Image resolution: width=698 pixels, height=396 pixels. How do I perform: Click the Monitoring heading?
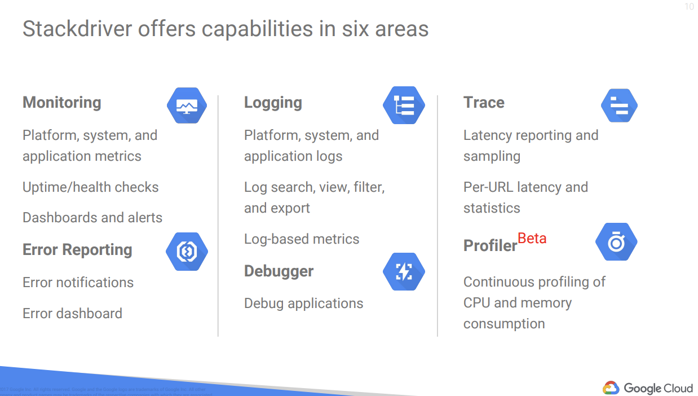(x=62, y=103)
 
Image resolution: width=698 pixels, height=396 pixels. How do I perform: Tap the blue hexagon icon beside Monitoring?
(x=187, y=105)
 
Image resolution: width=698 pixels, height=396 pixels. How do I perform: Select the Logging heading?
(x=273, y=103)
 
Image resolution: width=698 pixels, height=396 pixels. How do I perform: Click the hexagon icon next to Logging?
(x=404, y=105)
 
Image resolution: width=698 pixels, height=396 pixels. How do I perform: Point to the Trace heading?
(x=484, y=103)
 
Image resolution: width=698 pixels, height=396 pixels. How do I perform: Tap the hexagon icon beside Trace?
(x=619, y=105)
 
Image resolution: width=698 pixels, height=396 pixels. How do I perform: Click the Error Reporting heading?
(x=77, y=250)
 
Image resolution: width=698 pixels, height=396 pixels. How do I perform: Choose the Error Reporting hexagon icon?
(x=187, y=252)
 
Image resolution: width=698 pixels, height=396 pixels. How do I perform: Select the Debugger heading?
(x=279, y=271)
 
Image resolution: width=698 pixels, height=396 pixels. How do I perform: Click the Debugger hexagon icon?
(x=404, y=272)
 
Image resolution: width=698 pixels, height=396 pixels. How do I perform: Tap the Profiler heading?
(x=490, y=246)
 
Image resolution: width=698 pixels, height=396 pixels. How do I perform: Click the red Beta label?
(x=532, y=239)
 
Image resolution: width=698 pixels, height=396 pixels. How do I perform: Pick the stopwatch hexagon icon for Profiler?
(x=616, y=242)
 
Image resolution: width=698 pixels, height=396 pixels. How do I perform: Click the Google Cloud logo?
(x=648, y=388)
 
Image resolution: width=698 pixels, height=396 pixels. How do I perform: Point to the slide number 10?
(x=689, y=7)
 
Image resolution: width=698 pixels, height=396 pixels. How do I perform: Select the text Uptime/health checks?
(x=91, y=187)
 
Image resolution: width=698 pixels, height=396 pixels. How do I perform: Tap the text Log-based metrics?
(x=302, y=239)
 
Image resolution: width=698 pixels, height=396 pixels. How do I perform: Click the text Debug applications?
(x=303, y=303)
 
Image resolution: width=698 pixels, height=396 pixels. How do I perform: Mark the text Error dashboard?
(x=72, y=314)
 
